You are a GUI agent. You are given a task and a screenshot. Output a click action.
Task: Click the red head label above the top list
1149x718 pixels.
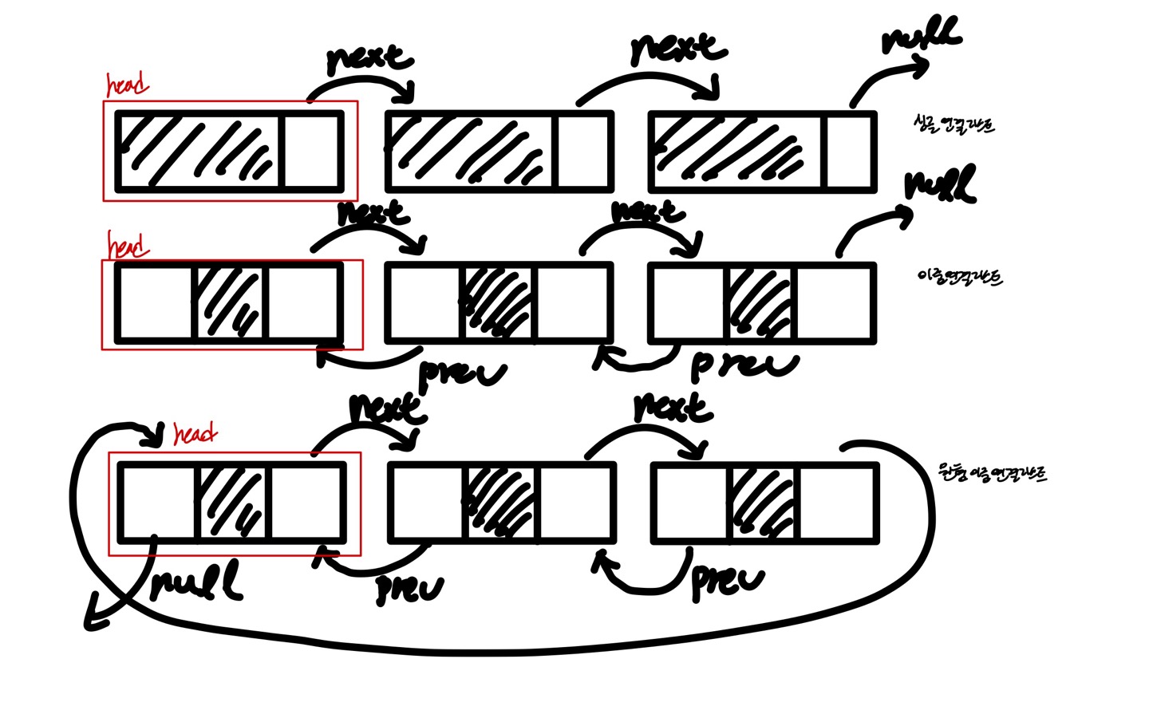(x=128, y=84)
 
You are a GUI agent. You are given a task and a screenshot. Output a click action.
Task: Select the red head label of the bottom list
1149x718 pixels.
(x=195, y=434)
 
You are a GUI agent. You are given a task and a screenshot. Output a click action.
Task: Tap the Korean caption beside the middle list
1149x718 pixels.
(x=960, y=277)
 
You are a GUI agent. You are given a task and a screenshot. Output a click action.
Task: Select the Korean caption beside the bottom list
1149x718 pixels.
(x=993, y=474)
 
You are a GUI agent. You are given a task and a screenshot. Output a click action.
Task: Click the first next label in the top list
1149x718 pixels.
(x=369, y=58)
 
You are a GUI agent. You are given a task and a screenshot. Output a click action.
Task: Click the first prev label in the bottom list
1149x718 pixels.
(x=409, y=589)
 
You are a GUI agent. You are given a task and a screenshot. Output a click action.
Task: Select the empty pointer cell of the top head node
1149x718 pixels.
(x=312, y=152)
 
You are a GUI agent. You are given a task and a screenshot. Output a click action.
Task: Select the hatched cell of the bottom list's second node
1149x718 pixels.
(x=500, y=503)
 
